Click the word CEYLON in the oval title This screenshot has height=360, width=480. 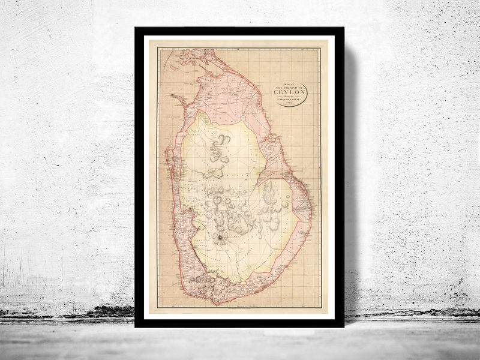click(291, 92)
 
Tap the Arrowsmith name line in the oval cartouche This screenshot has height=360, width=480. click(291, 97)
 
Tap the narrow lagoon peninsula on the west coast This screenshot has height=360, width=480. click(170, 168)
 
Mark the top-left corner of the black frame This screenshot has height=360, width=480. click(136, 28)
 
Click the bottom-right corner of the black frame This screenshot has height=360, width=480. click(344, 327)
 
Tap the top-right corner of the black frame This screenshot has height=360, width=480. click(344, 28)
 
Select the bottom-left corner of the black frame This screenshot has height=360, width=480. click(136, 327)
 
